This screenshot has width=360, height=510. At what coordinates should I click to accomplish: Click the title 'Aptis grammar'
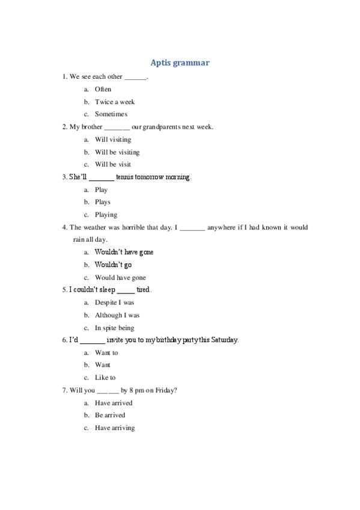(x=180, y=63)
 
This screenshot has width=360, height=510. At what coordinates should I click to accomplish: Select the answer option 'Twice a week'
(x=115, y=102)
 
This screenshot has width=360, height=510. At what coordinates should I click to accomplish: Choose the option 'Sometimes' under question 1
(x=111, y=114)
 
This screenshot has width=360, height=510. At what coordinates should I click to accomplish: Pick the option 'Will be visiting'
(x=117, y=152)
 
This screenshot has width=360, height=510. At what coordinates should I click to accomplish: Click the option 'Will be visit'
(x=113, y=164)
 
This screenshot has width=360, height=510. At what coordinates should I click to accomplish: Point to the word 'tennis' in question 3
(x=125, y=177)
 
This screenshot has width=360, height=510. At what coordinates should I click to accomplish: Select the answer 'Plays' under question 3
(x=103, y=202)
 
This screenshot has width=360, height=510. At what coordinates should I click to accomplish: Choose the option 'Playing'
(x=106, y=215)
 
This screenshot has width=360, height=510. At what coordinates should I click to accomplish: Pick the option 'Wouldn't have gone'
(x=124, y=252)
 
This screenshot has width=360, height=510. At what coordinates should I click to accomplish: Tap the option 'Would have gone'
(x=120, y=278)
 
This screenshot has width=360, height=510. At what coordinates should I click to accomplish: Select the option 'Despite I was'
(x=114, y=303)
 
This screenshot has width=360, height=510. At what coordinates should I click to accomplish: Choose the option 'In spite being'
(x=114, y=328)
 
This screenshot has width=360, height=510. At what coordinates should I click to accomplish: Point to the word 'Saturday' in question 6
(x=223, y=340)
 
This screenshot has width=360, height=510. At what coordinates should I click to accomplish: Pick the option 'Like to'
(x=105, y=378)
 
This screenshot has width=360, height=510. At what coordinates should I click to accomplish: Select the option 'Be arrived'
(x=110, y=415)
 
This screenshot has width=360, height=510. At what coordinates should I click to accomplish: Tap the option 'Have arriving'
(x=115, y=428)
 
